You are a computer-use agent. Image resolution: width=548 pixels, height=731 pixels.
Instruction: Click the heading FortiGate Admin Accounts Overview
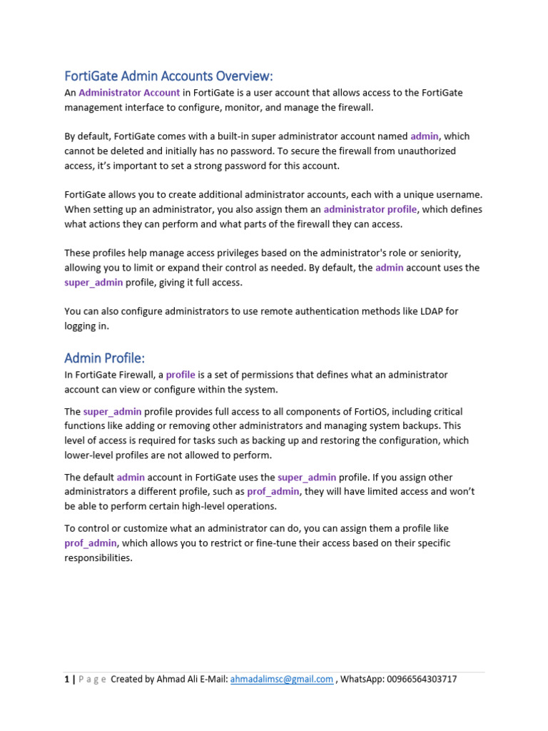pyautogui.click(x=168, y=76)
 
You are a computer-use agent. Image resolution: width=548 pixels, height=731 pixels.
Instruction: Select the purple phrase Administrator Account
pyautogui.click(x=129, y=93)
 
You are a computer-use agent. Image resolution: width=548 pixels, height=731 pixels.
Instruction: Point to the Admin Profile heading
pyautogui.click(x=104, y=357)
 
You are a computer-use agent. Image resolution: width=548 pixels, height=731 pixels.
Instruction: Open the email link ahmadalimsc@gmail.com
pyautogui.click(x=282, y=680)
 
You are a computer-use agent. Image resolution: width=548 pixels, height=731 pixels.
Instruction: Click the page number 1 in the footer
pyautogui.click(x=66, y=680)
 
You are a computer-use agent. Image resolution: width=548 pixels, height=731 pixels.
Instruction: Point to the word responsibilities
pyautogui.click(x=98, y=558)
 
